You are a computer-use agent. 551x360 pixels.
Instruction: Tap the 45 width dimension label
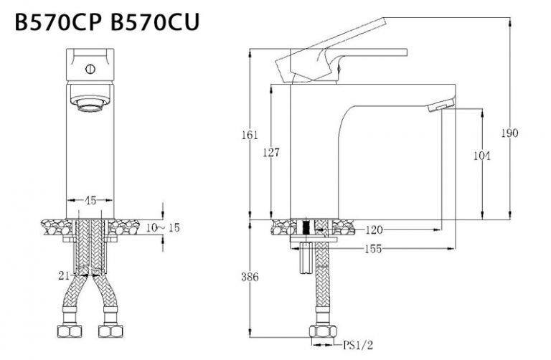click(90, 200)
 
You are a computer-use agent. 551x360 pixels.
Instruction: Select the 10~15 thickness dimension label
click(164, 227)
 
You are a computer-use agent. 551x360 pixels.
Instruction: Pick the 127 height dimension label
click(270, 152)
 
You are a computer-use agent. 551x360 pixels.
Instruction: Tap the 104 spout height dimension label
click(482, 156)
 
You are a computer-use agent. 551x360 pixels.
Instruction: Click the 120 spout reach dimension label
click(373, 230)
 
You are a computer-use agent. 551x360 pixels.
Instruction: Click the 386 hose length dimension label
click(248, 277)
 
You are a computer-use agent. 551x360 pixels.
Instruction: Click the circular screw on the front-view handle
click(90, 70)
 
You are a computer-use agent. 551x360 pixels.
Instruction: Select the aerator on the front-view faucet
click(90, 103)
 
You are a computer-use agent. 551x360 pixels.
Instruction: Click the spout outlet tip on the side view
click(438, 107)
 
